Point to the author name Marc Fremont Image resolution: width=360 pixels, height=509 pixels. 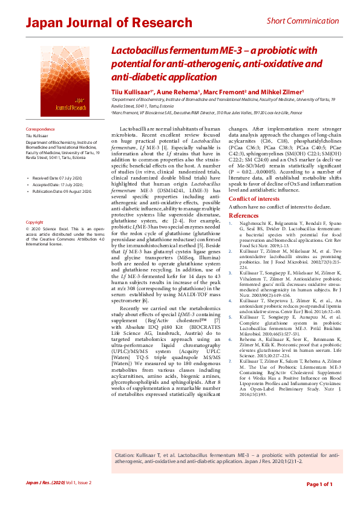(225, 91)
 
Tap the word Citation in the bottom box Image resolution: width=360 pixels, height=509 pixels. (125, 453)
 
